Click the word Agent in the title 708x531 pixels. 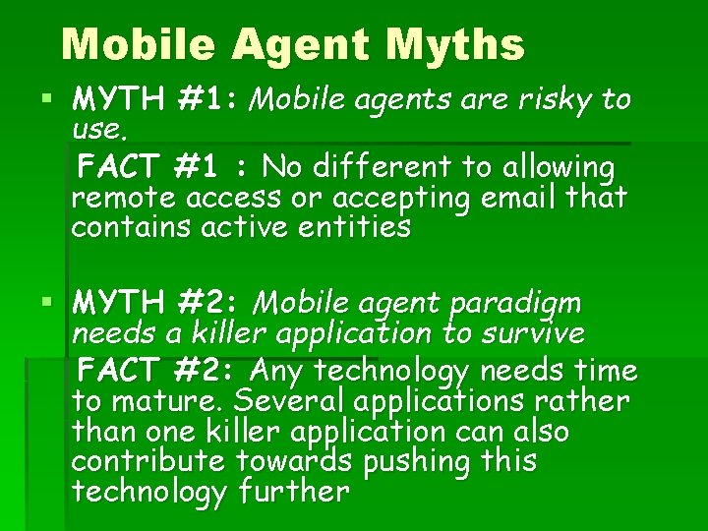(x=307, y=44)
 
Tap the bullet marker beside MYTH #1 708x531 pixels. (x=47, y=99)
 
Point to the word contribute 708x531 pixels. (x=147, y=461)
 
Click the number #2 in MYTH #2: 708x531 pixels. (x=208, y=300)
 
